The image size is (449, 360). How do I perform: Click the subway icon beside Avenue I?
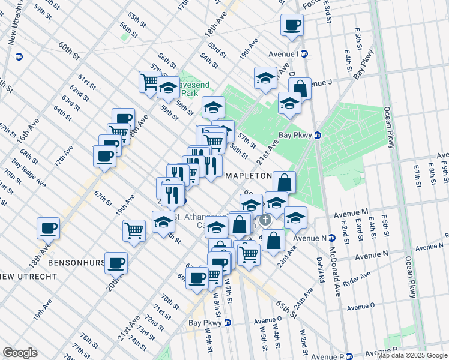pyautogui.click(x=304, y=54)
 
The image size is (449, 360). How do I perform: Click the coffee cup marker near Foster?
pyautogui.click(x=292, y=25)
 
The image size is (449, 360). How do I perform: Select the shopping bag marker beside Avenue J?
pyautogui.click(x=300, y=89)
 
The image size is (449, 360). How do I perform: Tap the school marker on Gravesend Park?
pyautogui.click(x=168, y=88)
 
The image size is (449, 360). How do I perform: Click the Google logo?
pyautogui.click(x=20, y=353)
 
